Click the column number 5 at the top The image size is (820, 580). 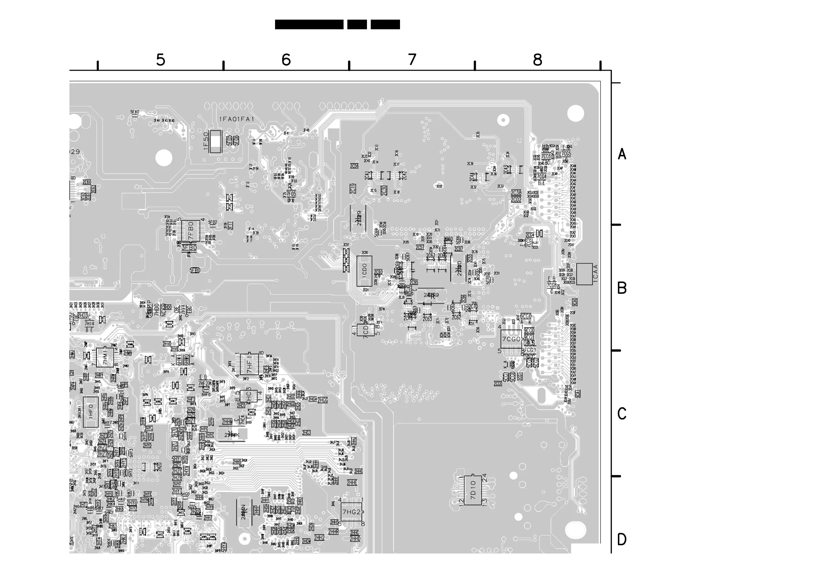tap(161, 60)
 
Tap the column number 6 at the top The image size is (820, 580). tap(286, 60)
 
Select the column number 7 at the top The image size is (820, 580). tap(412, 60)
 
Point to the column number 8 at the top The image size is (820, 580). tap(537, 60)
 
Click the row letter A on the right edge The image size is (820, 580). tap(622, 154)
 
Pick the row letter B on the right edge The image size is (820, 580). tap(622, 288)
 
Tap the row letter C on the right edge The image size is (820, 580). tap(622, 414)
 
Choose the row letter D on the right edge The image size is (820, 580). tap(622, 540)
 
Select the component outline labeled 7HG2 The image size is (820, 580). tap(351, 512)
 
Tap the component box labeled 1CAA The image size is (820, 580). tap(585, 274)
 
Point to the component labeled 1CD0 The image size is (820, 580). tap(364, 271)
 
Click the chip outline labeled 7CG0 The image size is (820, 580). tap(511, 339)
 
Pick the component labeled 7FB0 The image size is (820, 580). tap(190, 231)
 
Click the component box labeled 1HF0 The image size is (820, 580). tap(91, 412)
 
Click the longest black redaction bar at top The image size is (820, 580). tap(309, 24)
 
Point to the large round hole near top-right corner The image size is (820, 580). tap(575, 113)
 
